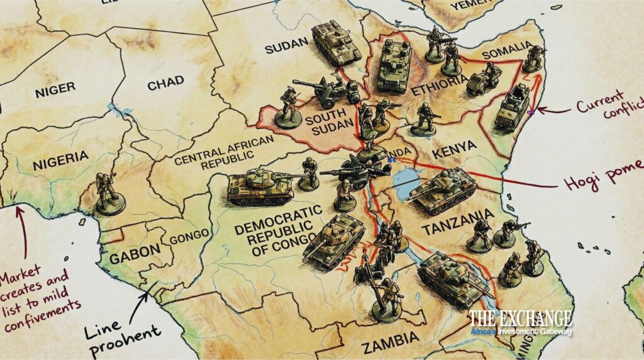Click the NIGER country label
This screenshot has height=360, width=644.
55,89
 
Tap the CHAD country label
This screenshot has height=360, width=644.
165,82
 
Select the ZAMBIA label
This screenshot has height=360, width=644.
391,340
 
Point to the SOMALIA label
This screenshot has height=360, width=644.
506,48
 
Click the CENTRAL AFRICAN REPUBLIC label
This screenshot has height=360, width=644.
225,150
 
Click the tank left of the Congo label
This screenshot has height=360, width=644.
259,186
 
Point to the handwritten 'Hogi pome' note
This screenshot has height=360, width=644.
600,183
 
